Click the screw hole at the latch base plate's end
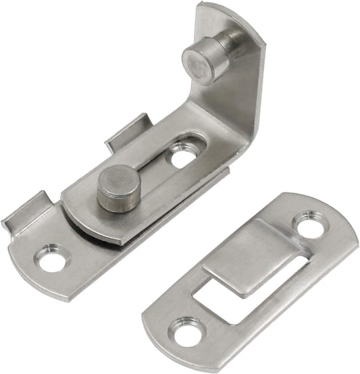(50, 259)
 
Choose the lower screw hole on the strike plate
(184, 333)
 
